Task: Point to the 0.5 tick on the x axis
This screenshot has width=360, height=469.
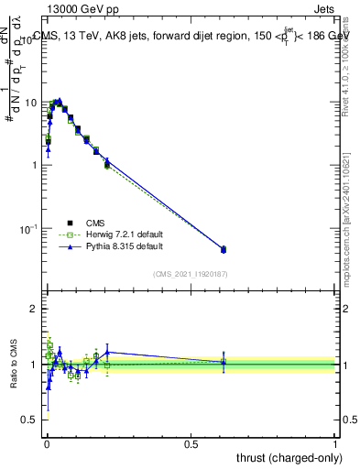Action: click(x=191, y=444)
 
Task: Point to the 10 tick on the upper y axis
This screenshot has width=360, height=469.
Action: click(x=30, y=103)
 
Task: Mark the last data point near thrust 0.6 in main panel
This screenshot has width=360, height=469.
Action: click(x=224, y=249)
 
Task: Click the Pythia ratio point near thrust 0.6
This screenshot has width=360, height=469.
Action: click(x=224, y=362)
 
